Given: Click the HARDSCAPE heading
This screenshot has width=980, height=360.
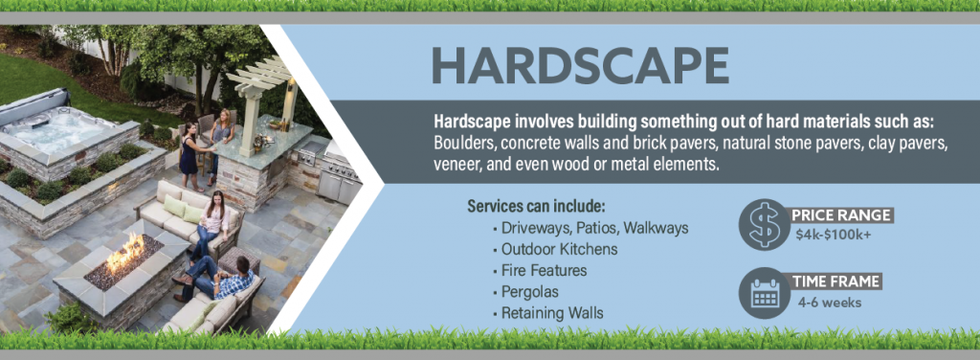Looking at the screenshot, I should point(579,64).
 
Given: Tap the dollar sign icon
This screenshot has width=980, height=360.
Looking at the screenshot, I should point(762,225).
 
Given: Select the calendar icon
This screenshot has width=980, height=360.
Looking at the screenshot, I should point(764,292).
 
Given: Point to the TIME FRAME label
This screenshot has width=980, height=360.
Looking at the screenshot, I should point(835,281).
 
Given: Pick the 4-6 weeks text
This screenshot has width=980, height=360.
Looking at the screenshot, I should point(829,303).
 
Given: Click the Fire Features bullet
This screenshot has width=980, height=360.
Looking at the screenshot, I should point(544,271).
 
